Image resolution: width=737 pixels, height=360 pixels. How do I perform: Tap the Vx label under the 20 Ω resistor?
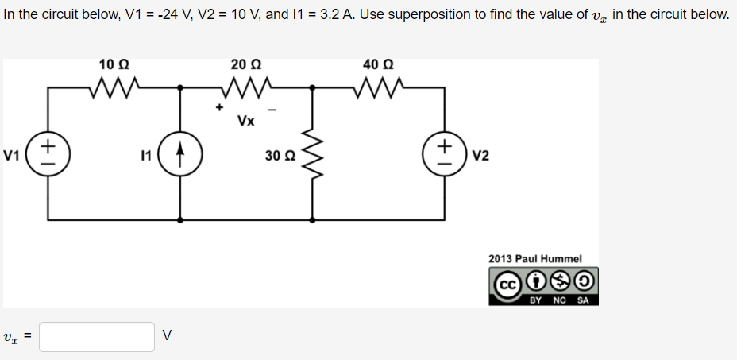tap(245, 122)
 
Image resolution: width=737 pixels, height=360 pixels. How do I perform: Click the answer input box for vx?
tap(97, 336)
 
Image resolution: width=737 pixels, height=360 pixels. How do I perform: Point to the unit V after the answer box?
tap(165, 336)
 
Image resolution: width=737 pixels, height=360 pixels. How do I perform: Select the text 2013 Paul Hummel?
tap(535, 259)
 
